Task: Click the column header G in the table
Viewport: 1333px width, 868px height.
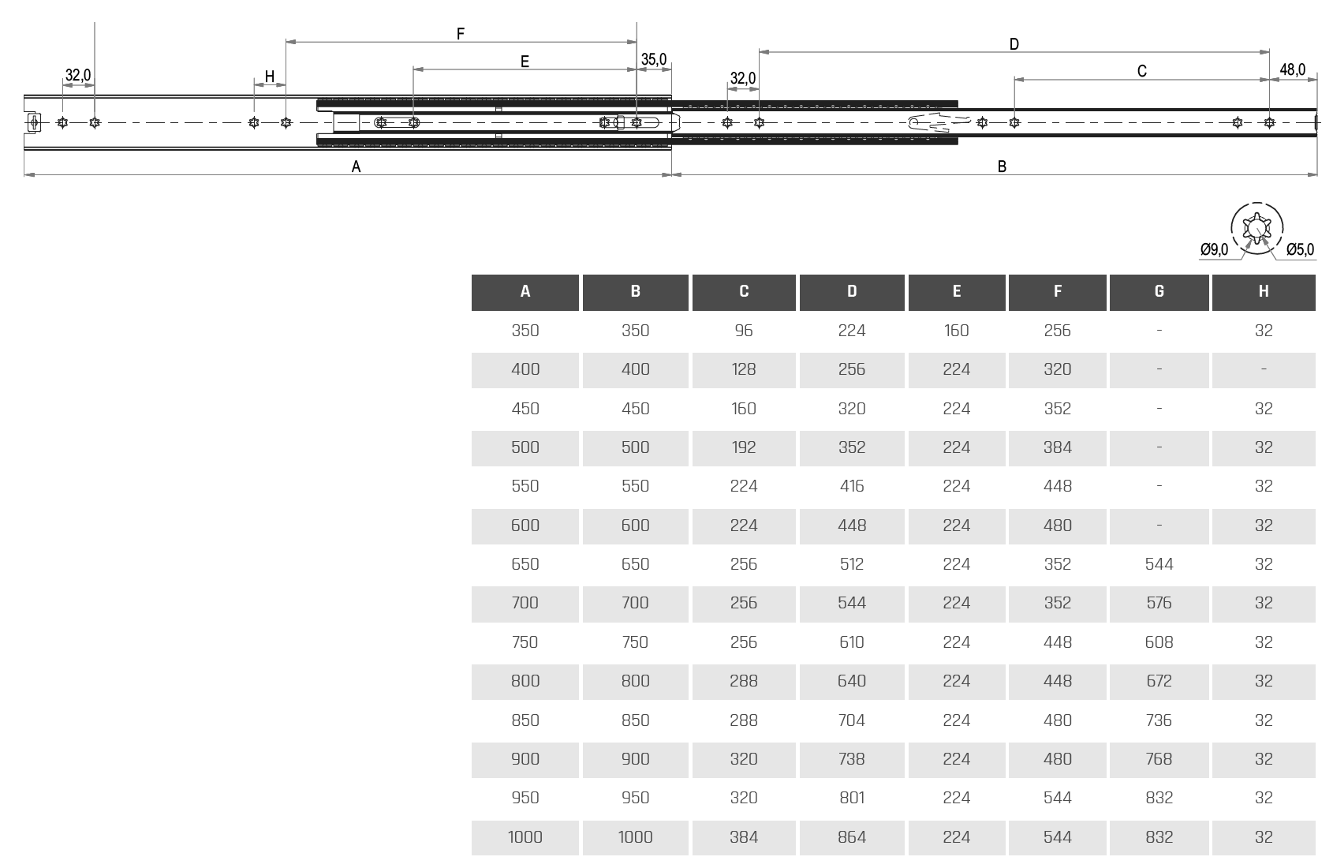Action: (1159, 292)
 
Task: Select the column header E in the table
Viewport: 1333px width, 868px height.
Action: (956, 292)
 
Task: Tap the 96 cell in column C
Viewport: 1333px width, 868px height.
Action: (743, 331)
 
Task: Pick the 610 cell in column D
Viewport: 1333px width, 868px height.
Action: (852, 642)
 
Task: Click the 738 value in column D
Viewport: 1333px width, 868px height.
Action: (852, 759)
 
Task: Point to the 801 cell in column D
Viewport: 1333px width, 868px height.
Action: (852, 798)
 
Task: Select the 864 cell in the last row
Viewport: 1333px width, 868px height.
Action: (852, 837)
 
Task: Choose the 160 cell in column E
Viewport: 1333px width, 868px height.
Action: (956, 331)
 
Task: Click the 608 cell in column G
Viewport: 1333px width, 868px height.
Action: (1159, 642)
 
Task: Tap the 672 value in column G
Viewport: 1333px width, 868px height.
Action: (1159, 681)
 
